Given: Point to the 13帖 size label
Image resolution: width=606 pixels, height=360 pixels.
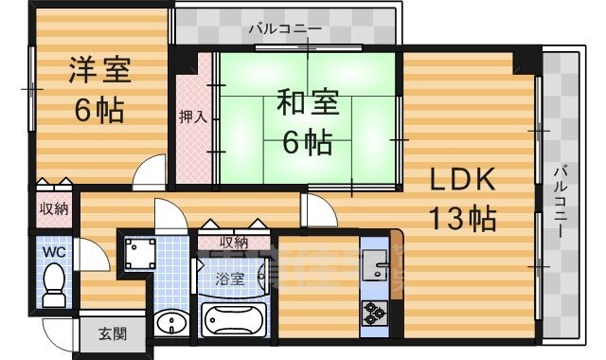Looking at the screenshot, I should click(x=463, y=219).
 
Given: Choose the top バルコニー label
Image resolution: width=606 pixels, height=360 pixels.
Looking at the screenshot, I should click(x=285, y=28).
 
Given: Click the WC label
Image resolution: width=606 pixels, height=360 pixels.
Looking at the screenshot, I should click(x=53, y=253).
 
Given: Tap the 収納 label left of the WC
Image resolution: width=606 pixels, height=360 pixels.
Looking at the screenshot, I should click(x=53, y=208).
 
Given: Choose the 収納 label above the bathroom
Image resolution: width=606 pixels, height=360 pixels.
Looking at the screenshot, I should click(x=234, y=243).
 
